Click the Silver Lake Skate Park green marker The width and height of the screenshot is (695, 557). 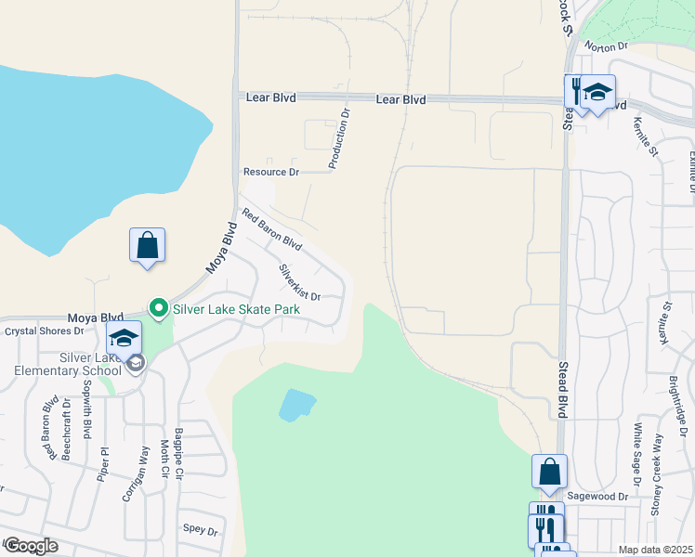[158, 307]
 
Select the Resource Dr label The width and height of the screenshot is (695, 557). [270, 172]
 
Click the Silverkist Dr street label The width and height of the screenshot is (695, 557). [299, 282]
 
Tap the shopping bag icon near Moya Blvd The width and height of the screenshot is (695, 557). [147, 246]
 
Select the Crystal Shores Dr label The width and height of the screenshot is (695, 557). [45, 330]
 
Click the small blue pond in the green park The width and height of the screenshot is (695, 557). [296, 404]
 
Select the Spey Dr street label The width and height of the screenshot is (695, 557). [199, 531]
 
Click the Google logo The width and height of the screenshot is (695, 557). [30, 546]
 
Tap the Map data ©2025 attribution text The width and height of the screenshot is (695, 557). [655, 550]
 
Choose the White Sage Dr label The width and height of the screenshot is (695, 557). [636, 455]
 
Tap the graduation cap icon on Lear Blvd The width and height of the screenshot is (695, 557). [597, 92]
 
